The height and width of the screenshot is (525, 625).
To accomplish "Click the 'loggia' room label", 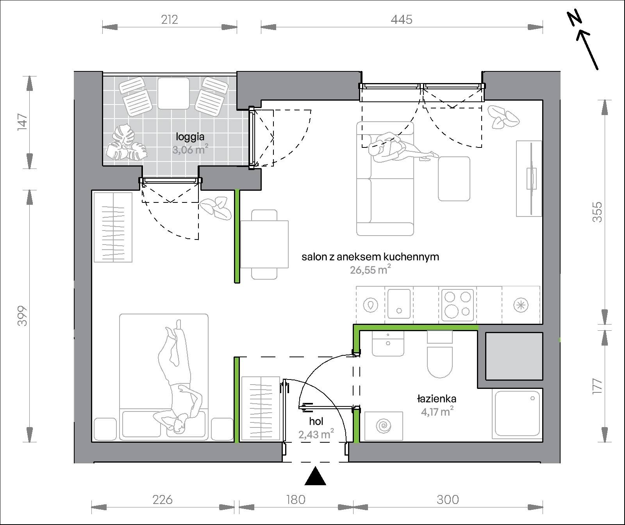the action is (190, 137).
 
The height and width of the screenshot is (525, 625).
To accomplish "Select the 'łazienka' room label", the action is (437, 399).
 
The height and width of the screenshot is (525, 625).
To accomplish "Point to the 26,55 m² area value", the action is (370, 270).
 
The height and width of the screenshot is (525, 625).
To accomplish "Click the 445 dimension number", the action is (402, 20).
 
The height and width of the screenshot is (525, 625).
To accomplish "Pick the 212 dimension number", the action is (169, 20).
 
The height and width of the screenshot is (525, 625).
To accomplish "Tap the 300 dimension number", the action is (448, 499).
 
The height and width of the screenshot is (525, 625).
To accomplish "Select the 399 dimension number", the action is (23, 316).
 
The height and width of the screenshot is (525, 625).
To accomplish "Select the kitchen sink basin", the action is (399, 304).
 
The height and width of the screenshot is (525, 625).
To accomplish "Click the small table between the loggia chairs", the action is (173, 93).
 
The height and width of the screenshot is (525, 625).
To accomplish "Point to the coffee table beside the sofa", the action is (454, 179).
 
